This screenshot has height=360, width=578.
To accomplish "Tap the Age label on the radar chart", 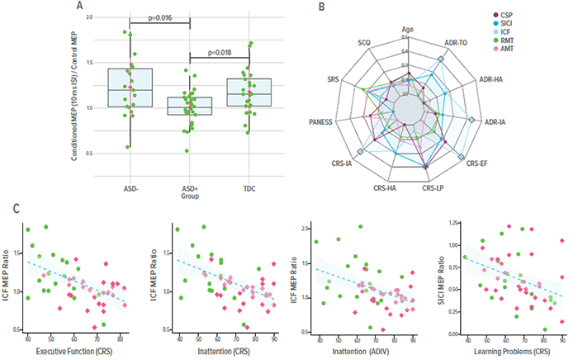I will pos(405,28).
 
